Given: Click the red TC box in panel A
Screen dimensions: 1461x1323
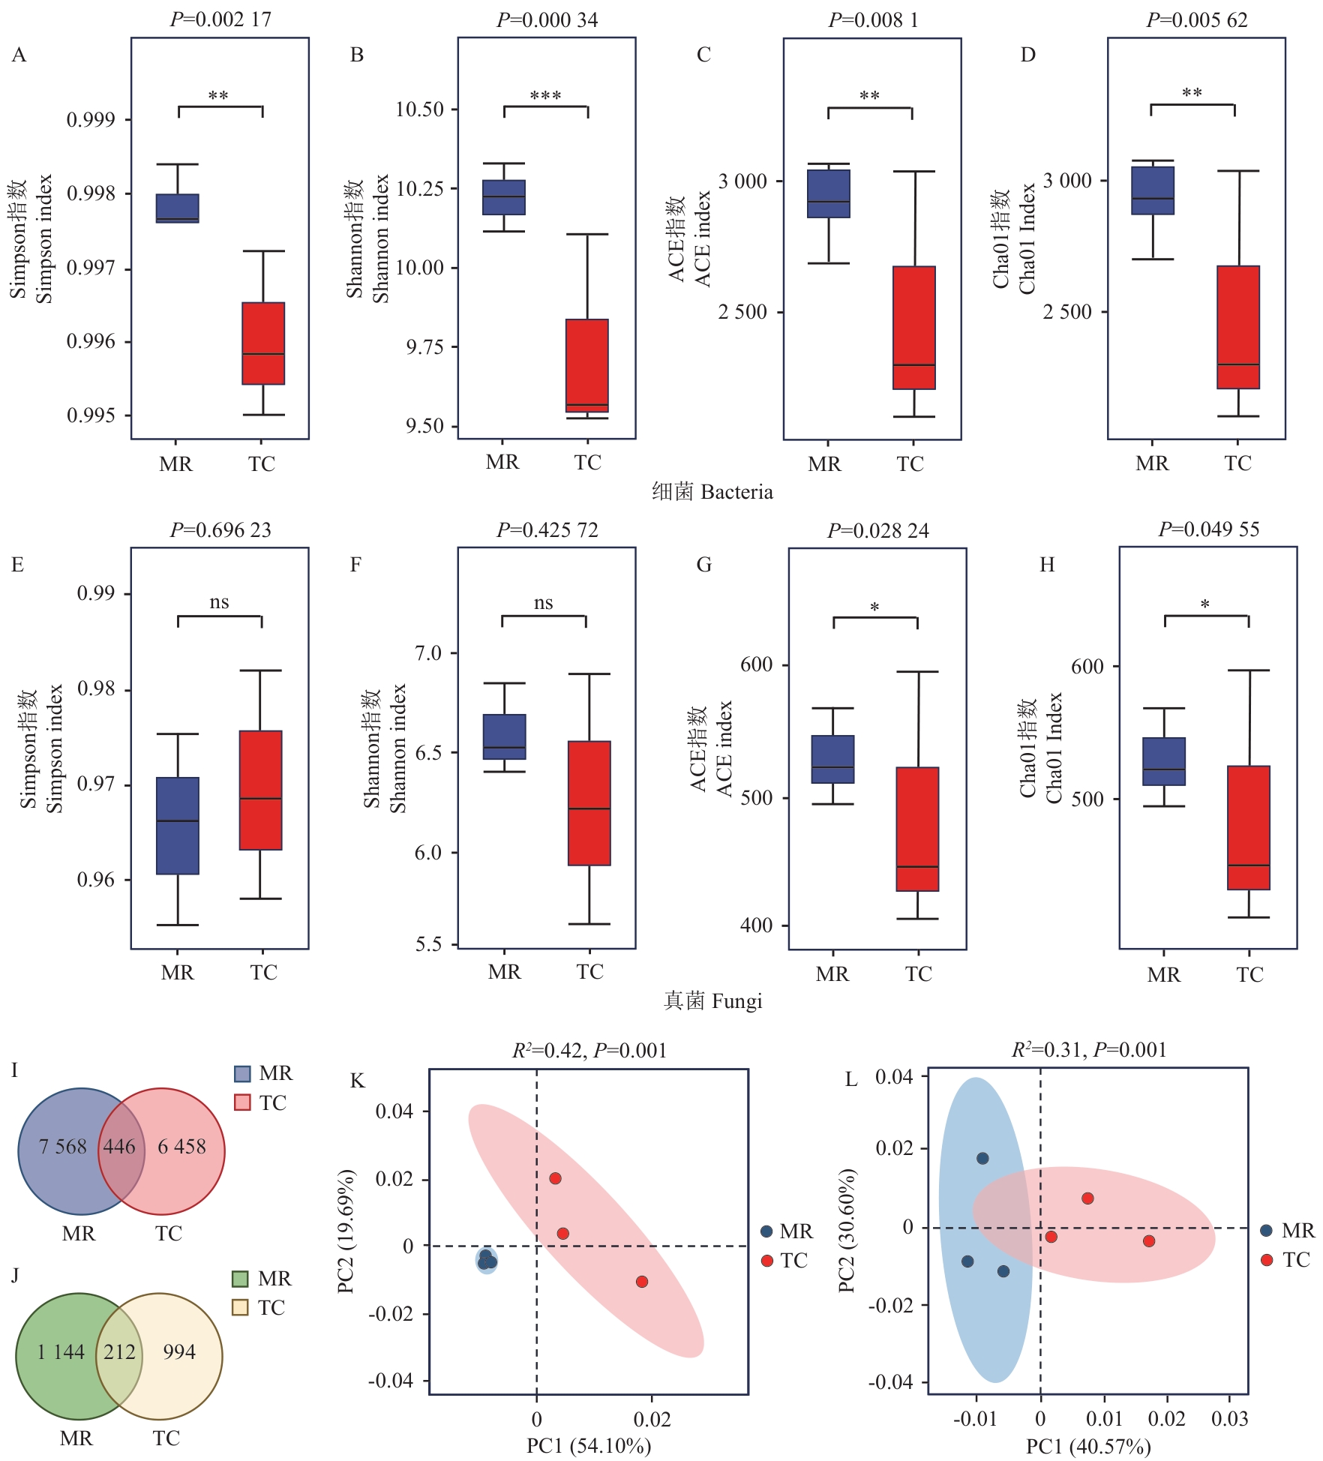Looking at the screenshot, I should (x=263, y=343).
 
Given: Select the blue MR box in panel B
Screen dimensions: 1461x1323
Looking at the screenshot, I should (x=504, y=197).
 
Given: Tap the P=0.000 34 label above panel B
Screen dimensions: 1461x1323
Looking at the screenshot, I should (x=547, y=20).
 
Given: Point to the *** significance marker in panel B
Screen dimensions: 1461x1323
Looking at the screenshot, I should (x=545, y=96).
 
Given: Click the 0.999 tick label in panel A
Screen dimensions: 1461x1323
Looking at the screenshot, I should (x=91, y=120).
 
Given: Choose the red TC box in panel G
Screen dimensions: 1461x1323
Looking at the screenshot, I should (x=917, y=829).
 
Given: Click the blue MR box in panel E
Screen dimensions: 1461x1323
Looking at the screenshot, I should (x=178, y=826).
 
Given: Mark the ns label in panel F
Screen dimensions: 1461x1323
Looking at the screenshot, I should (x=544, y=603).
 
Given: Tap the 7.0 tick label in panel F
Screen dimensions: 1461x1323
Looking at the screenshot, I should (x=428, y=653).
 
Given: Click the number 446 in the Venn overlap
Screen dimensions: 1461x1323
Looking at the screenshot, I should (x=119, y=1147).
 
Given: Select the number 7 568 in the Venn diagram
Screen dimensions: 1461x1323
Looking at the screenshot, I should (x=63, y=1147).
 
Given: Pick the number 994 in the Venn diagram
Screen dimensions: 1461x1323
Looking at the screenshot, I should (x=179, y=1351).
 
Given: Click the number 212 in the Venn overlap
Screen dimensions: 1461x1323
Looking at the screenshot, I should (x=119, y=1351).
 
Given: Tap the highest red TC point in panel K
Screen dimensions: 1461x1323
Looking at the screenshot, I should (x=555, y=1178).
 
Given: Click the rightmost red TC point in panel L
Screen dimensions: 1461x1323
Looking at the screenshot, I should (x=1149, y=1241).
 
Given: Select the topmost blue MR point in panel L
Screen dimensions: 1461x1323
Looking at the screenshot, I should (x=982, y=1159).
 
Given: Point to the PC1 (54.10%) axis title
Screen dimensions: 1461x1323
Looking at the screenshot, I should (x=589, y=1445).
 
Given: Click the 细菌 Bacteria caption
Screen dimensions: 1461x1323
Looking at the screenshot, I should (x=712, y=492).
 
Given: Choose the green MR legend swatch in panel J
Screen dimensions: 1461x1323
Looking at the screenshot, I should (x=240, y=1279).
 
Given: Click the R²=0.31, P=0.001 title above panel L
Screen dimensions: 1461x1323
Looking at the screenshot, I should (x=1089, y=1050).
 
